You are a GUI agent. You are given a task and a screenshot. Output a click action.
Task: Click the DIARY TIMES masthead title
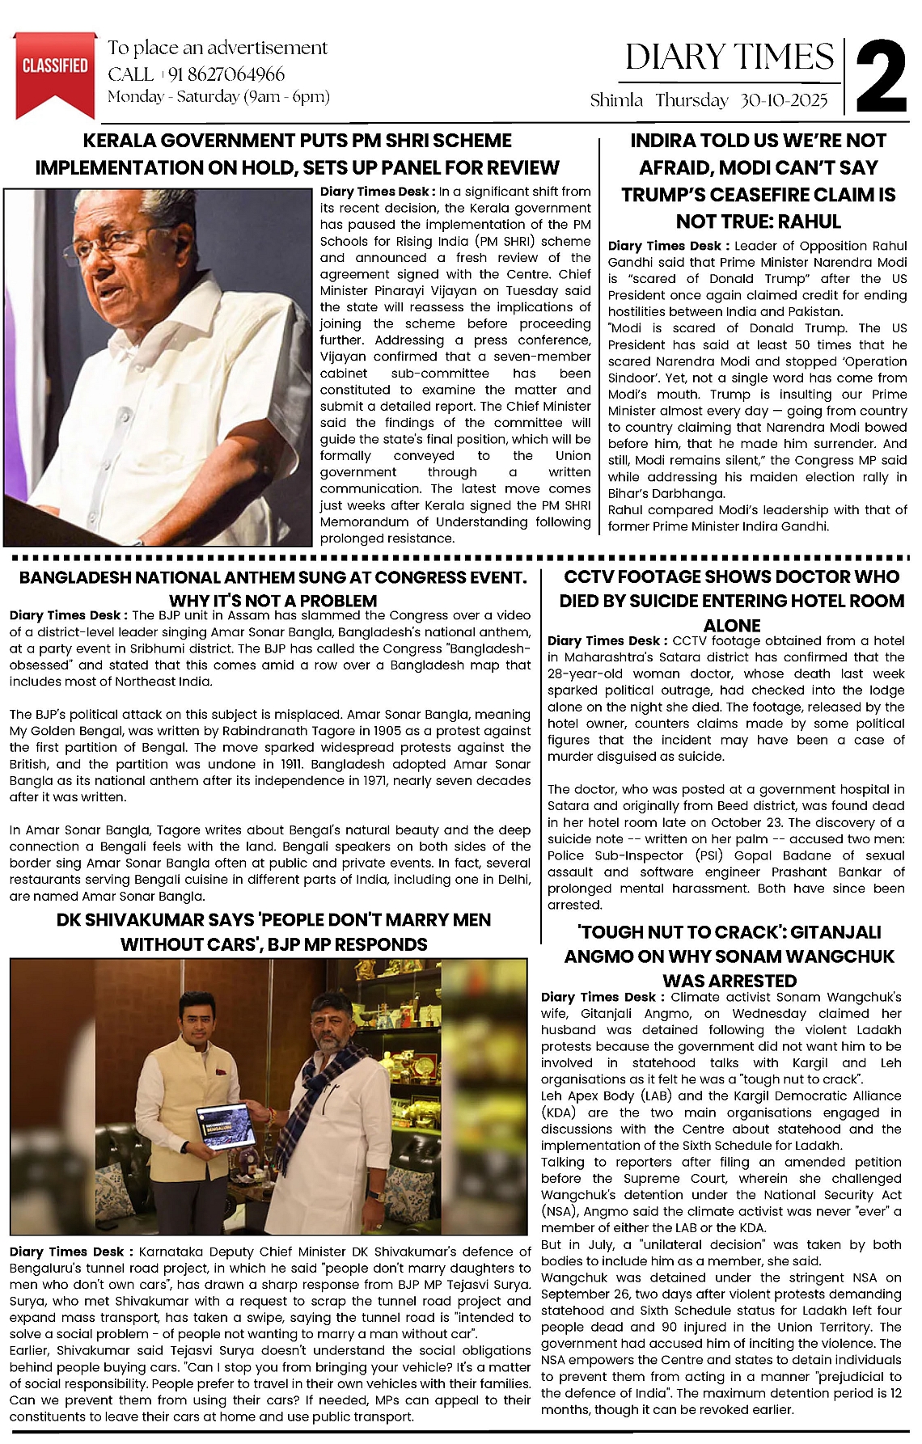coord(729,57)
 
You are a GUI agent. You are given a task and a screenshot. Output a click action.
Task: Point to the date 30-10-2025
coord(784,100)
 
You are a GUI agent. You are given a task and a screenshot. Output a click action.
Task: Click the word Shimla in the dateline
coord(616,100)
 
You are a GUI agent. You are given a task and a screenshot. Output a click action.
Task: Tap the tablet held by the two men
coord(226,1126)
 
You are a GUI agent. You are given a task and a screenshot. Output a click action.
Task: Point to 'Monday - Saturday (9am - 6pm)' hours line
coord(218,97)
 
